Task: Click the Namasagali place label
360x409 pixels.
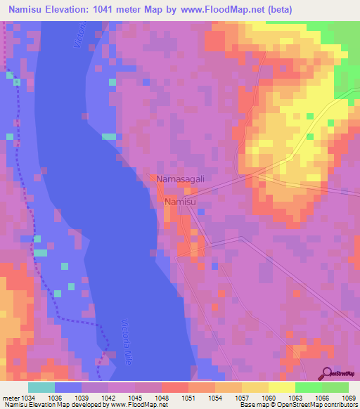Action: point(181,179)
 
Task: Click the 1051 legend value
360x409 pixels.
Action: point(188,397)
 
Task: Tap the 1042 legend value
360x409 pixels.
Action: point(108,397)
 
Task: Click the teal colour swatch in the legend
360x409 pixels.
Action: point(41,387)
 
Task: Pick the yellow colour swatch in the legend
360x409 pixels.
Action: point(281,387)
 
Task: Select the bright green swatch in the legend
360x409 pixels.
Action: point(308,387)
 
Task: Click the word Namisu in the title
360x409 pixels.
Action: point(25,9)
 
